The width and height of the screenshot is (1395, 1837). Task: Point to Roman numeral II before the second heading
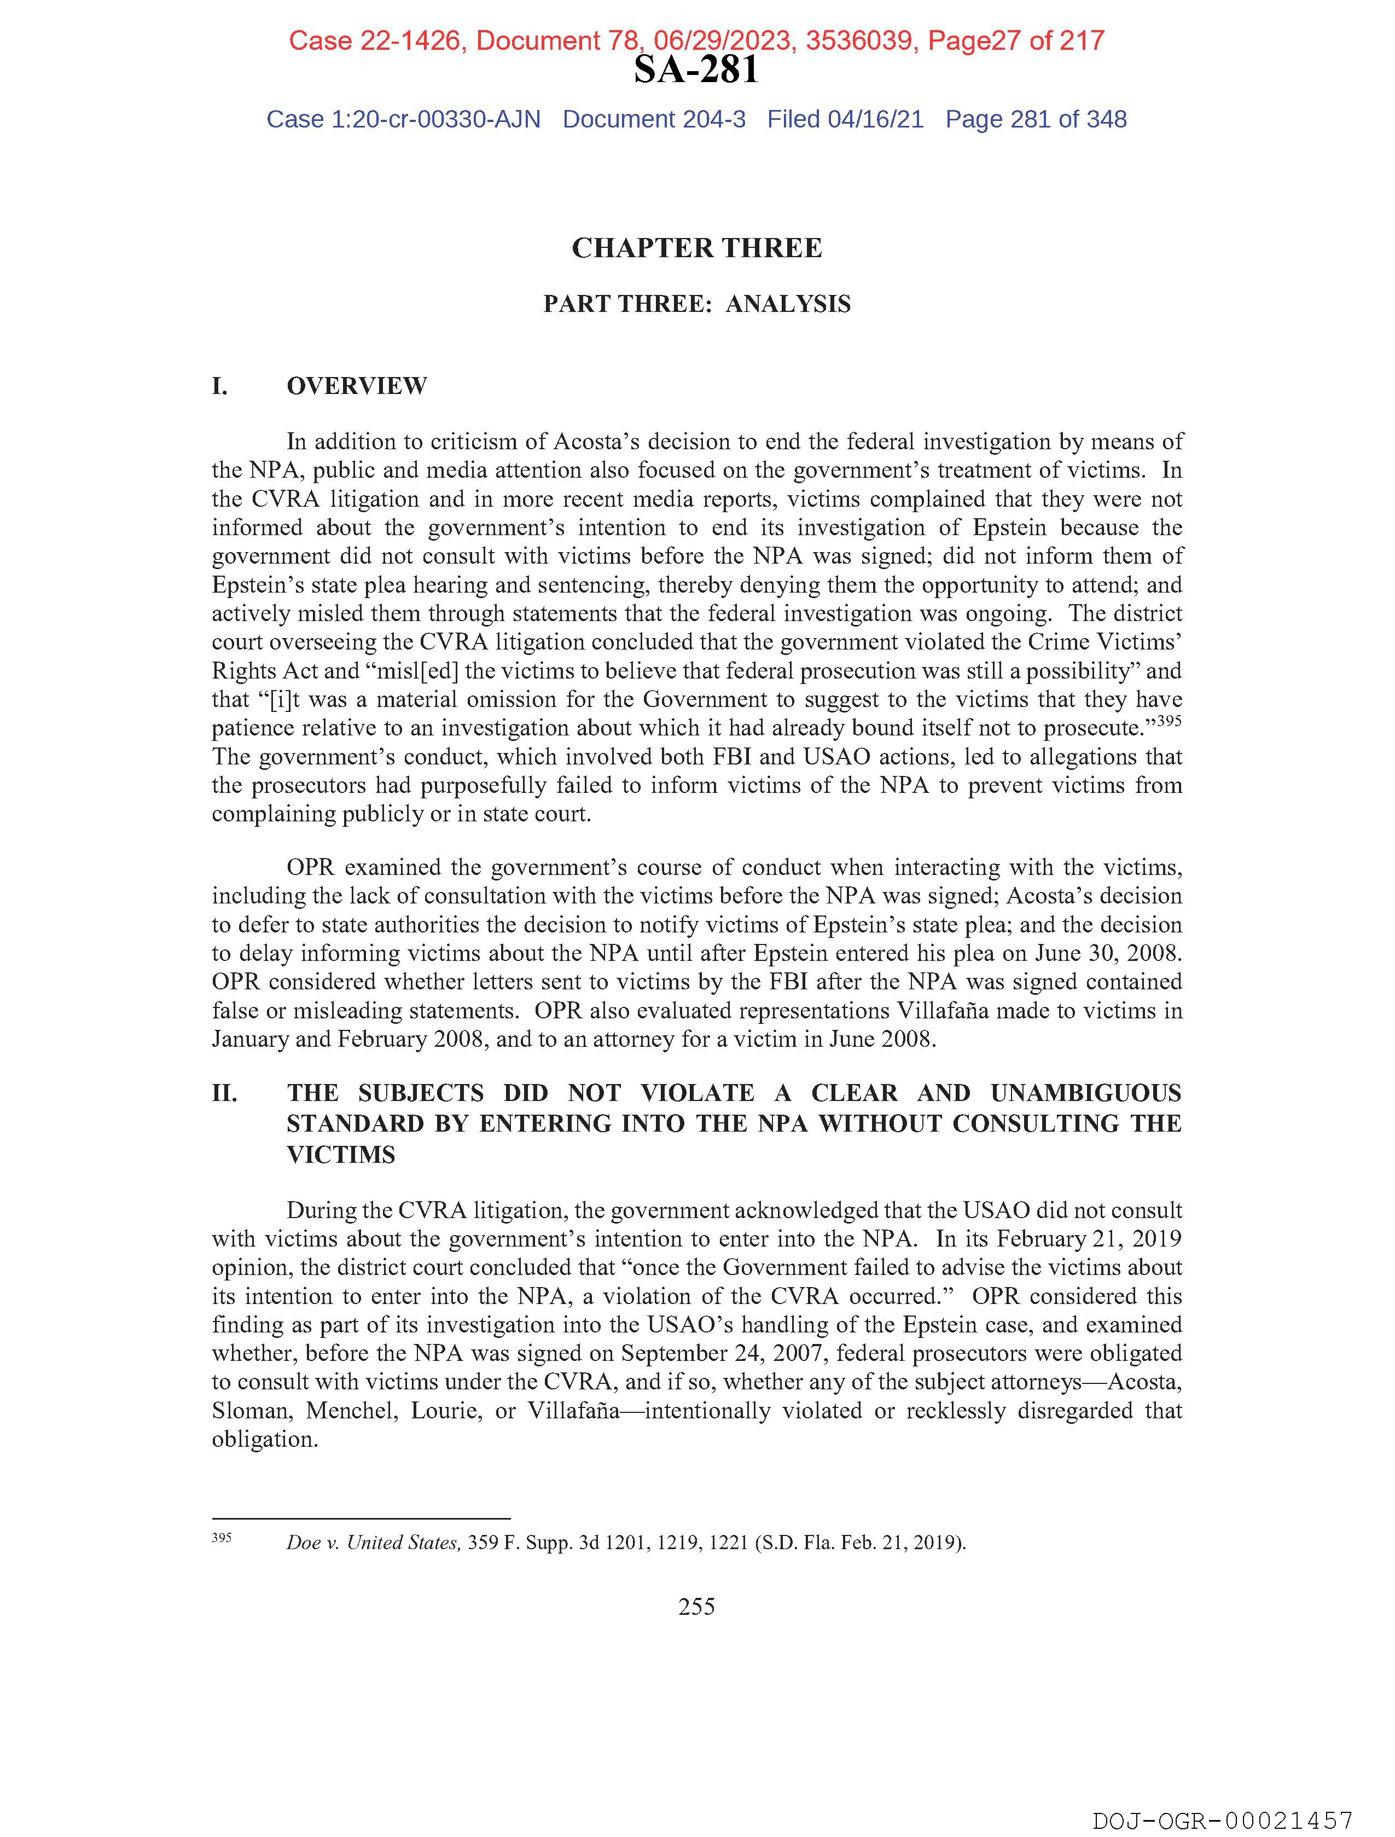coord(224,1093)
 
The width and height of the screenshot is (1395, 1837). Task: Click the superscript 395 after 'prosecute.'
coord(1169,722)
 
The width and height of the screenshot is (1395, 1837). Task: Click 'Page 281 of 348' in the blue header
coord(1036,120)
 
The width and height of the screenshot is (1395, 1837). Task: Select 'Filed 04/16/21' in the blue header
coord(845,120)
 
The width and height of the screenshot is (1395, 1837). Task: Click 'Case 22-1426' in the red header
coord(375,40)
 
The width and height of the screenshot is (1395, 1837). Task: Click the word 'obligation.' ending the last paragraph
coord(265,1439)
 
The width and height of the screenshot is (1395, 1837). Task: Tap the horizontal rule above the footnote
coord(361,1518)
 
